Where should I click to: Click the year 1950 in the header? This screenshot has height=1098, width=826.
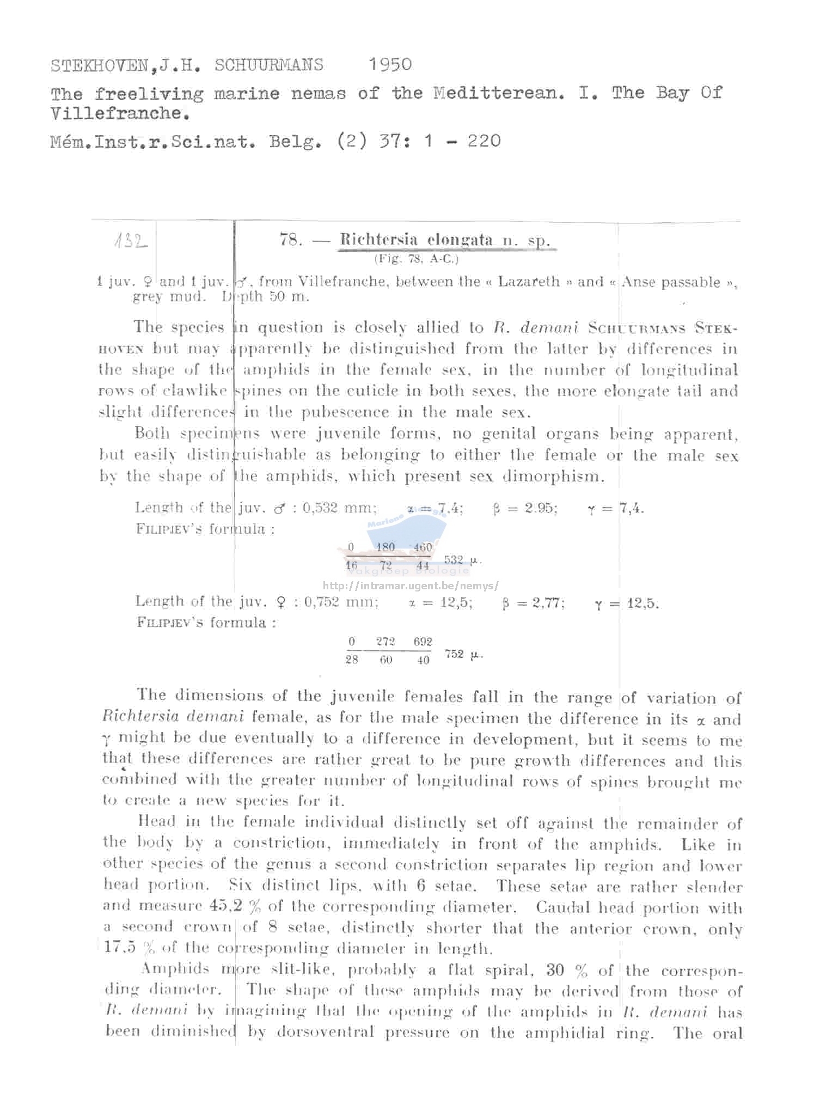click(390, 65)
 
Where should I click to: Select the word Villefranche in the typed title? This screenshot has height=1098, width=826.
click(120, 114)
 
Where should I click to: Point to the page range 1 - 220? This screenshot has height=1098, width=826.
click(462, 142)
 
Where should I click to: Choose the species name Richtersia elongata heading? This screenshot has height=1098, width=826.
click(416, 240)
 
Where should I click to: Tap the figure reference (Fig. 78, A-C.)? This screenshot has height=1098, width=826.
click(416, 259)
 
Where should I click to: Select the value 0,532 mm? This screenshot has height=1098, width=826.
click(339, 508)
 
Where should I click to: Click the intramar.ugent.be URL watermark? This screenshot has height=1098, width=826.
click(410, 586)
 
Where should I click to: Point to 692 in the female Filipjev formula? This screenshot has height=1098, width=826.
click(423, 642)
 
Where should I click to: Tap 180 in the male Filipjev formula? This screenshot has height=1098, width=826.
click(386, 547)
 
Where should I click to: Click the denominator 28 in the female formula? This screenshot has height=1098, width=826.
click(352, 660)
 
